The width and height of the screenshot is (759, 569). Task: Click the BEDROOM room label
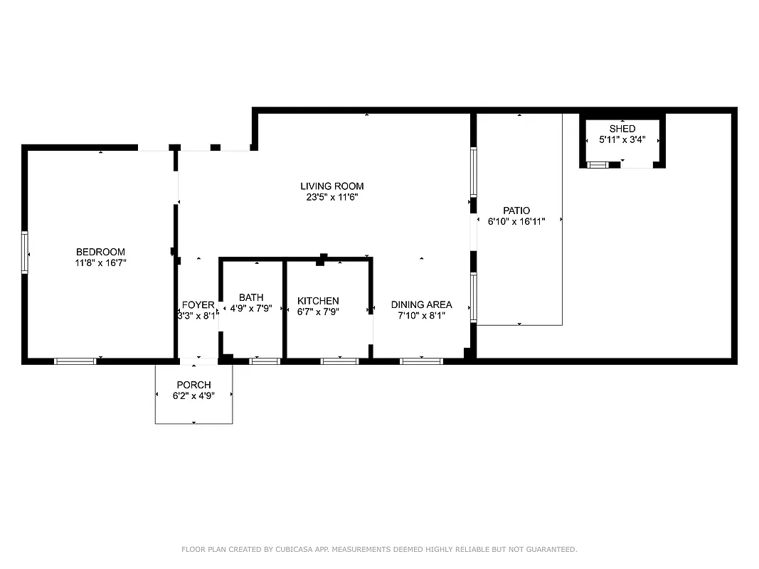pos(100,252)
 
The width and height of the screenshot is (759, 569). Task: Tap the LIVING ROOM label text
pos(332,186)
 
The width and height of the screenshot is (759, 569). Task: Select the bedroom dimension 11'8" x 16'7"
pos(100,262)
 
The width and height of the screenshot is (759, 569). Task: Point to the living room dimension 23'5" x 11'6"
pos(332,197)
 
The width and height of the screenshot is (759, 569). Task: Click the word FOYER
pos(198,305)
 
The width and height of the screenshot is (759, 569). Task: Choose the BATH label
pos(251,297)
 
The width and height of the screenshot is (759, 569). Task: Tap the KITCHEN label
pos(318,301)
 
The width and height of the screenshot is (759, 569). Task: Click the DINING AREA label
pos(421,305)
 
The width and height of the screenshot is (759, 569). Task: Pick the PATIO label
pos(516,211)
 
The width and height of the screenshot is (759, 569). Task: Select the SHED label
pos(622,129)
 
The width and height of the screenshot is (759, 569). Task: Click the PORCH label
pos(193,385)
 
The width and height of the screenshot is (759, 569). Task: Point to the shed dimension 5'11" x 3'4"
pos(622,139)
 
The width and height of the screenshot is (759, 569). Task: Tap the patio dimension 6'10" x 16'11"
pos(516,221)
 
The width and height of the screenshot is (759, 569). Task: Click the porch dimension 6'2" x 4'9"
pos(193,395)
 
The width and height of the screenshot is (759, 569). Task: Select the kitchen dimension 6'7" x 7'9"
pos(318,312)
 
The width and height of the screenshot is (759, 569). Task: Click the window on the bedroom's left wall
pos(25,252)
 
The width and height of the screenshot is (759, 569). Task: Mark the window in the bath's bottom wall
pos(265,361)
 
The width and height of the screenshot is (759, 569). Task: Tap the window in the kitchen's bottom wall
pos(339,361)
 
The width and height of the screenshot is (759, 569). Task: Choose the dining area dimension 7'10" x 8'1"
pos(421,316)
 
